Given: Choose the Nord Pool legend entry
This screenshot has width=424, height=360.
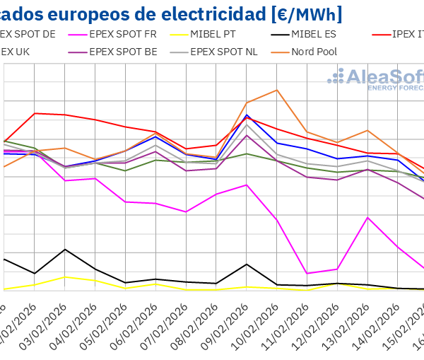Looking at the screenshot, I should [315, 52].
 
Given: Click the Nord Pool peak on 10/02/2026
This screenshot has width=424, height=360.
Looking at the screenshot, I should [276, 90].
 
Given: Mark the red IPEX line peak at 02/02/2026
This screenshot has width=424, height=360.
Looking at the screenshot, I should [35, 113].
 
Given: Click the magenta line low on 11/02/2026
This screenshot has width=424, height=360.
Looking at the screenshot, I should [307, 274].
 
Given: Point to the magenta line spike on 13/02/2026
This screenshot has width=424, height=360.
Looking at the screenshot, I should [367, 217].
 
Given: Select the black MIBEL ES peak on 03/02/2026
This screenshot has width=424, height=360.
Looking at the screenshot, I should [65, 249].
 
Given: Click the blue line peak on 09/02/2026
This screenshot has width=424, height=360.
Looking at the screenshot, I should [247, 115].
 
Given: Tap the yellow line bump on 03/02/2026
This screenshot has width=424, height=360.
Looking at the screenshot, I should [65, 277].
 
